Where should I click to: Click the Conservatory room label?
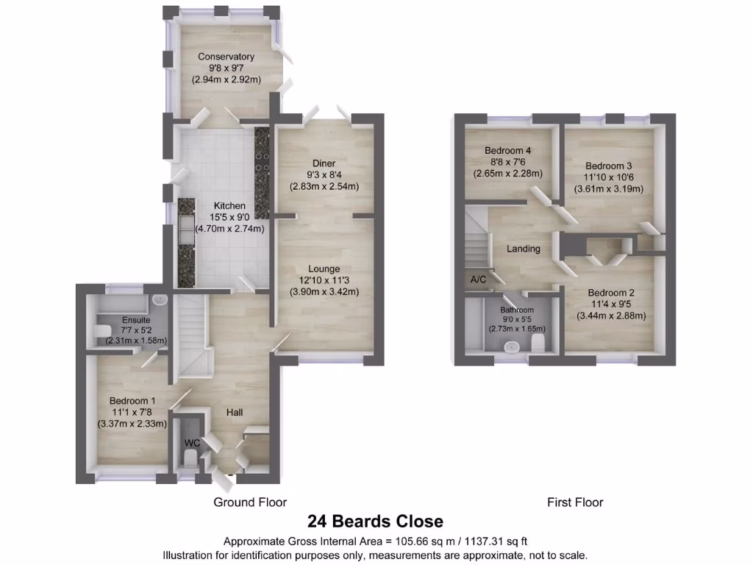[x=226, y=57]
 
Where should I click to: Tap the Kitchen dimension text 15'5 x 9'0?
[x=229, y=218]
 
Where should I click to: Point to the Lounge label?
[x=324, y=269]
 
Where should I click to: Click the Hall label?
[x=235, y=413]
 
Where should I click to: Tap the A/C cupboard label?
[x=477, y=280]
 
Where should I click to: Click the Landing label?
[x=523, y=249]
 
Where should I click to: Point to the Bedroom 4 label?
[x=507, y=151]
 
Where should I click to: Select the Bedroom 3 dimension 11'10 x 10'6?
[x=608, y=177]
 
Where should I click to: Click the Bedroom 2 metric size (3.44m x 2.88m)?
[x=610, y=316]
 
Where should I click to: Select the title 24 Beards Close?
[x=376, y=522]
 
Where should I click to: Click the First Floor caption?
[x=574, y=502]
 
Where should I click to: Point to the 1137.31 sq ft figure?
[x=496, y=541]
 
